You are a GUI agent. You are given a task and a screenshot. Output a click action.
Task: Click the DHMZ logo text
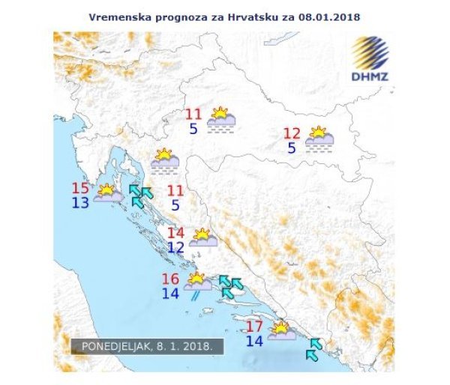[369, 76]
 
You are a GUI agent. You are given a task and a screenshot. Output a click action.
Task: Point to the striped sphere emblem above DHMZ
[370, 52]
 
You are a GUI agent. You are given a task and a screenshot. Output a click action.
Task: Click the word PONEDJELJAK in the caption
[112, 348]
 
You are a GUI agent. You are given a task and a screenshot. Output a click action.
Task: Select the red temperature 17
[254, 327]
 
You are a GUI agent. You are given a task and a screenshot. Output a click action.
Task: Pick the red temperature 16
[170, 279]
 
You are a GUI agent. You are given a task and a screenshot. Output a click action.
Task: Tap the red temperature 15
[80, 189]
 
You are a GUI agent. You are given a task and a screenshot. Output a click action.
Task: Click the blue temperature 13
[80, 203]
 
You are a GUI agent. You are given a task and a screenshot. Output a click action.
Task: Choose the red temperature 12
[292, 134]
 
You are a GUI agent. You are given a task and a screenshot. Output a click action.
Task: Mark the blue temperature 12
[175, 247]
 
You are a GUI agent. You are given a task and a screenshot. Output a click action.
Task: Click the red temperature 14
[175, 233]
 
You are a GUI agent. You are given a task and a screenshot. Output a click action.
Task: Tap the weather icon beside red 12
[319, 137]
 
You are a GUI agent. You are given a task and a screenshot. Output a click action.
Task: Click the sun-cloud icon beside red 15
[107, 193]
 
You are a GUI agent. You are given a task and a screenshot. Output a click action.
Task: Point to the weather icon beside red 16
[197, 282]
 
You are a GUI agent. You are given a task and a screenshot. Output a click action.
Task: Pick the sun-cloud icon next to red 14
[202, 238]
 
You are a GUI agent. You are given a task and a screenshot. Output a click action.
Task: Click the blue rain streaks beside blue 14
[195, 295]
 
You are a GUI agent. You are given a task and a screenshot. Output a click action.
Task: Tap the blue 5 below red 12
[291, 148]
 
